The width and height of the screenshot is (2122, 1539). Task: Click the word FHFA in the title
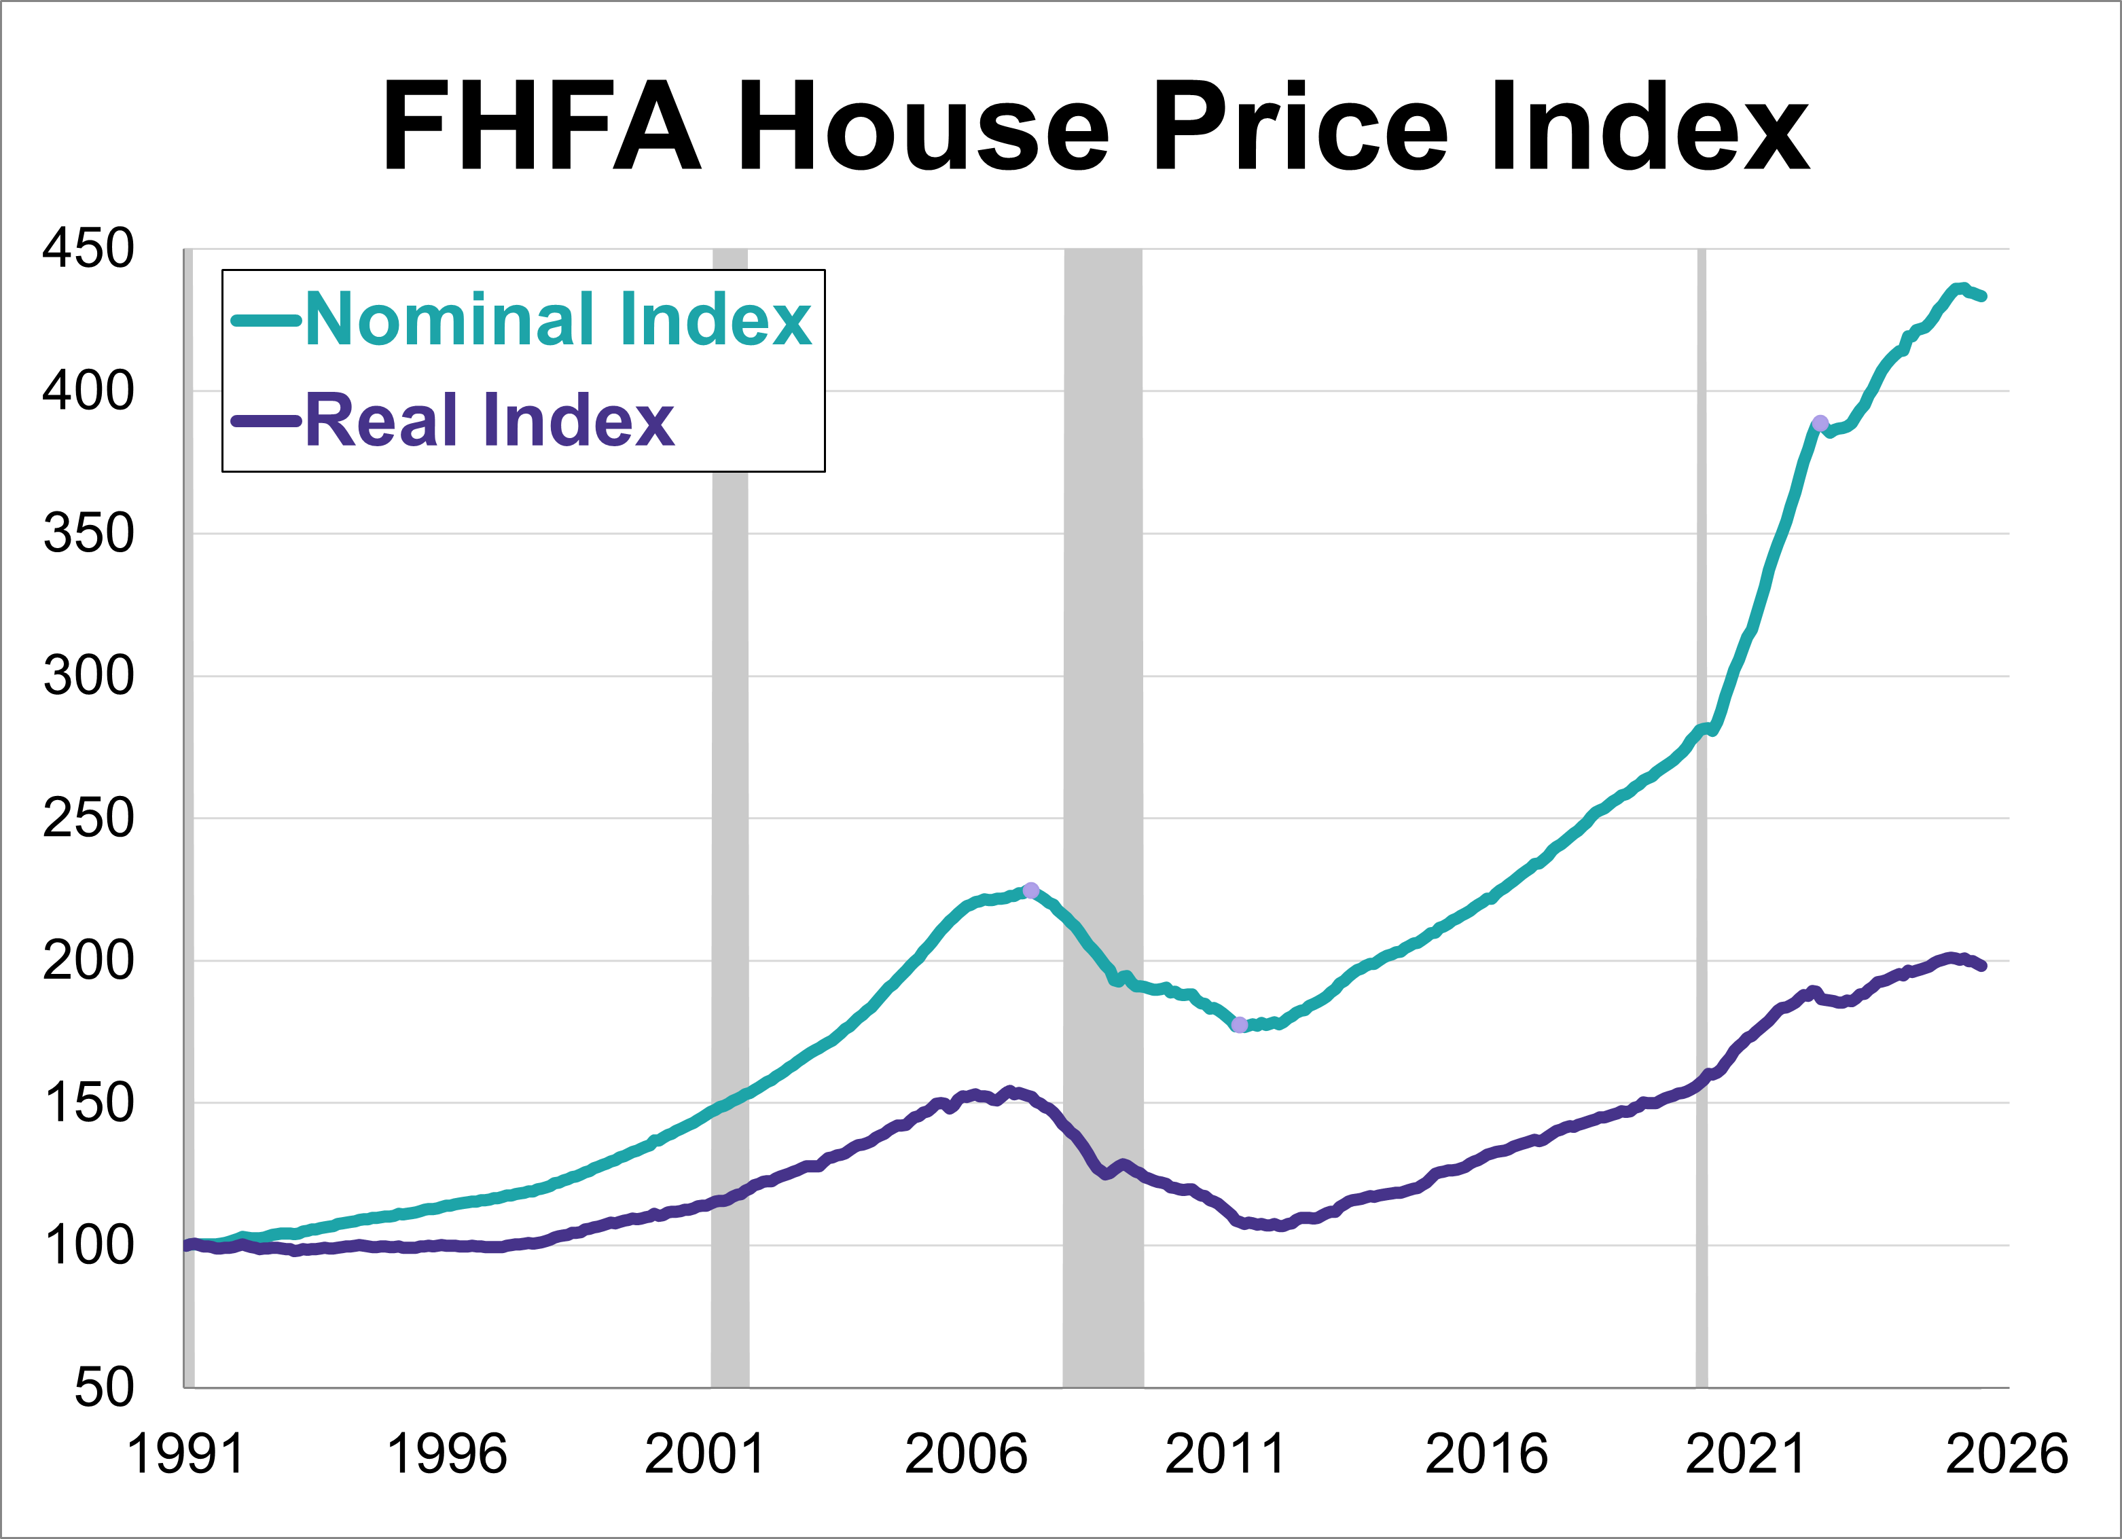point(542,126)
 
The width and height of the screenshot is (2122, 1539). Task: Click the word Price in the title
point(1301,126)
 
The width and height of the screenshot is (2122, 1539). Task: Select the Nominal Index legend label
point(558,319)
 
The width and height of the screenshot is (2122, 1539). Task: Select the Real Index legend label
point(488,420)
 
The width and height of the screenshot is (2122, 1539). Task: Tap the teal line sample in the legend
point(267,321)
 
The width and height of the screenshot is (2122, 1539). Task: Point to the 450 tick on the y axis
point(89,249)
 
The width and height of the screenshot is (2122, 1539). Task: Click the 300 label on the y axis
point(89,676)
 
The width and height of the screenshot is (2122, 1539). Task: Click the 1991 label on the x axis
point(185,1454)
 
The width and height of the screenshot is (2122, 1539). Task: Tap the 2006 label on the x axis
point(966,1454)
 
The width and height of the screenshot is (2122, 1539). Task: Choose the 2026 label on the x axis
point(2006,1454)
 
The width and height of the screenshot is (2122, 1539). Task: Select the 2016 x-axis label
point(1486,1454)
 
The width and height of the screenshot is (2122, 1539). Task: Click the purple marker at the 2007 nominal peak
point(1030,890)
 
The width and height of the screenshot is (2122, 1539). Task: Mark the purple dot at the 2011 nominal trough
point(1240,1024)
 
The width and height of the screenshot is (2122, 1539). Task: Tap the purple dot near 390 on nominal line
point(1820,424)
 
